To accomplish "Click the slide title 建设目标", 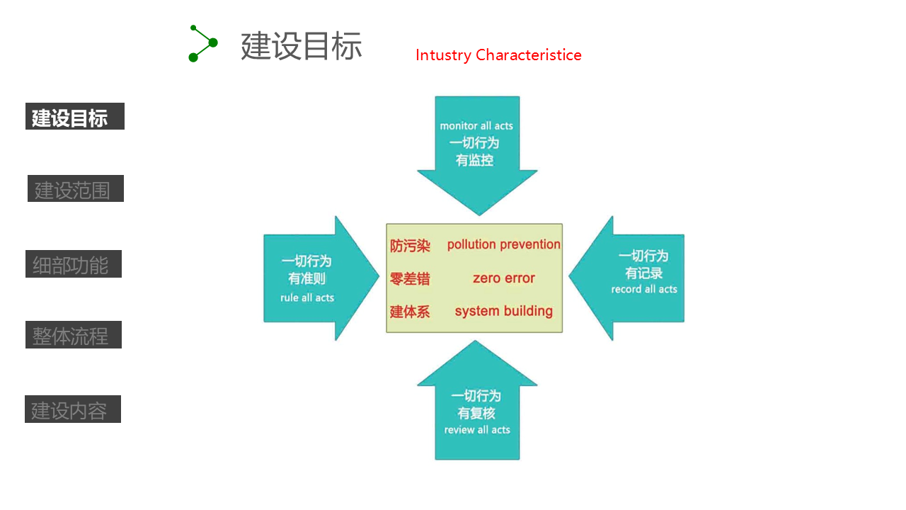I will click(302, 46).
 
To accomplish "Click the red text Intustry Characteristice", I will click(498, 55).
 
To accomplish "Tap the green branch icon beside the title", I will click(202, 44).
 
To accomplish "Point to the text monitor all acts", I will click(476, 126).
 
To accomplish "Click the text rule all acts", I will click(307, 297).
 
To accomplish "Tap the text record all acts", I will click(644, 289).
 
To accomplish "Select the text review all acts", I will click(477, 430).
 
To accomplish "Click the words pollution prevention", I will click(503, 245).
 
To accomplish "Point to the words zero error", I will click(503, 278).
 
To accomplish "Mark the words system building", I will click(503, 311).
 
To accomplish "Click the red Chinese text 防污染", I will click(410, 246).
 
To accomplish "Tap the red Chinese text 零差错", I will click(410, 279).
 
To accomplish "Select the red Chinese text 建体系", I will click(410, 312).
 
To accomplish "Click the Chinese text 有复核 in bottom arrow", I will click(476, 413).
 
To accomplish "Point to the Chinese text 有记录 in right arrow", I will click(644, 273).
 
